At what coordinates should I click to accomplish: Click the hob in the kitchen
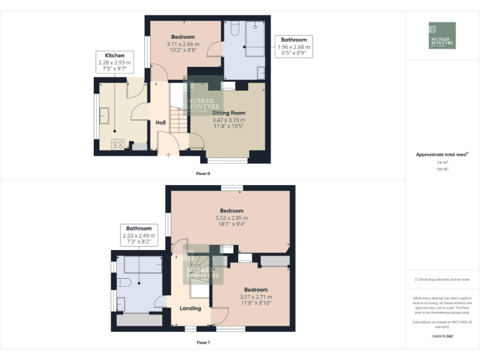point(116,144)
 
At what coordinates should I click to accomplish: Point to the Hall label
point(161,122)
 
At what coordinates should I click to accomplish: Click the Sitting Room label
point(228,112)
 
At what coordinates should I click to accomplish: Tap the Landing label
point(191,308)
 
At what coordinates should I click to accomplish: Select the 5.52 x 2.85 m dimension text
point(231,218)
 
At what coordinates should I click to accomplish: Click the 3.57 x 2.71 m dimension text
point(256,297)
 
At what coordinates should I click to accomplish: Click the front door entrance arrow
point(167,155)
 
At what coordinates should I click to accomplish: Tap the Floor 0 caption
point(202,172)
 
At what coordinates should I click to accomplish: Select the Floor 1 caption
point(202,342)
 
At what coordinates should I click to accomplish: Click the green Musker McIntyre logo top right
point(442,36)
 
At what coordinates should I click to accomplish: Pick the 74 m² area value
point(442,162)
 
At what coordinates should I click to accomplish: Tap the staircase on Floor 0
point(179,119)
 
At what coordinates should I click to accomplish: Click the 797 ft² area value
point(442,169)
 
